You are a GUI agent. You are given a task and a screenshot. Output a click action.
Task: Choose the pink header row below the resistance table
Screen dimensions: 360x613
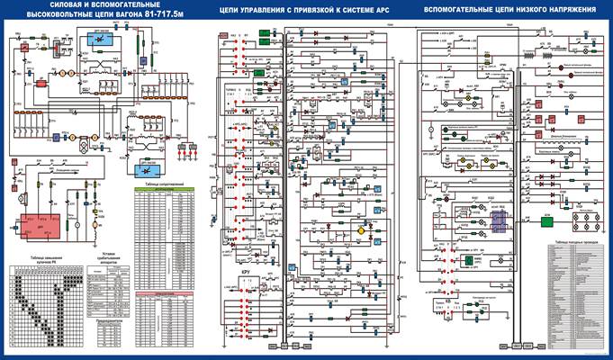tap(165, 293)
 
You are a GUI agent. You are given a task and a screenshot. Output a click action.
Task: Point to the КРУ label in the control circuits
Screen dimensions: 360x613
tap(244, 271)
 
